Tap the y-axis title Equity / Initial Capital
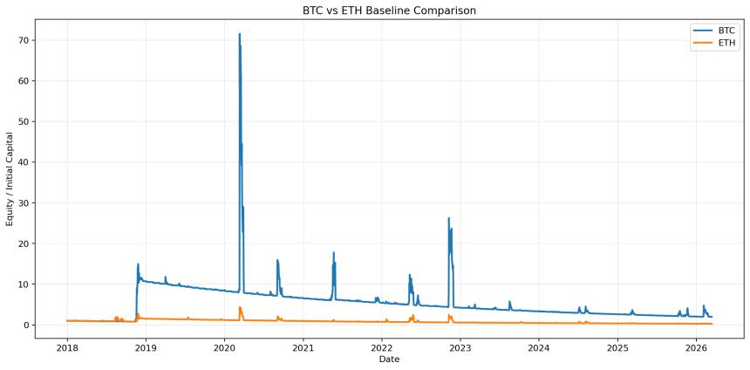(x=10, y=179)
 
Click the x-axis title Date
(x=389, y=360)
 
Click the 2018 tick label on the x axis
(x=67, y=347)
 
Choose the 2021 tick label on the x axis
(x=303, y=347)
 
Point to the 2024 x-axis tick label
(x=539, y=347)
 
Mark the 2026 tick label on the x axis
(x=696, y=347)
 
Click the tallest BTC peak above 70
(x=240, y=34)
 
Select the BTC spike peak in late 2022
(x=449, y=218)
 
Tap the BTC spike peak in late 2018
(x=138, y=264)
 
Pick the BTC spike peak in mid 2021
(x=333, y=253)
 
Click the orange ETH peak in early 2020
(x=240, y=307)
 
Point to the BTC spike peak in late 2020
(x=277, y=260)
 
